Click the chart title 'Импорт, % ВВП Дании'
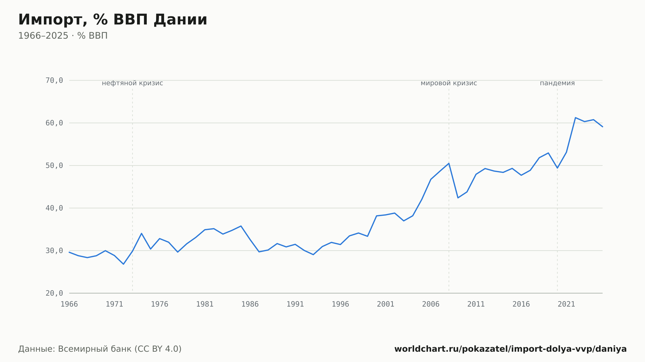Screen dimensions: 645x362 [x=113, y=20]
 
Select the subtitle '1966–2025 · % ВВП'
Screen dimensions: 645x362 [x=63, y=36]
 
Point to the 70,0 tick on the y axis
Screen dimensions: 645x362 [x=54, y=81]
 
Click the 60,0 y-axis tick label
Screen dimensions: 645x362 [x=54, y=123]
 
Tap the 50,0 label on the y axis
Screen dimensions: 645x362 [x=54, y=166]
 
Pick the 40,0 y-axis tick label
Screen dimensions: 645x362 [x=54, y=208]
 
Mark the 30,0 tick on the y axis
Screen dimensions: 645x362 [x=54, y=251]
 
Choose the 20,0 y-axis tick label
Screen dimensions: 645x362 [x=54, y=293]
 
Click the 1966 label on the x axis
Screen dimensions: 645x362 [x=69, y=304]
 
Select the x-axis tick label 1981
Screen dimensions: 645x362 [x=205, y=304]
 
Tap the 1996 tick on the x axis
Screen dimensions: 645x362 [x=341, y=304]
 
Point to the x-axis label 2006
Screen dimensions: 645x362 [x=431, y=304]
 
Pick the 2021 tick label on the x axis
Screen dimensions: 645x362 [x=566, y=304]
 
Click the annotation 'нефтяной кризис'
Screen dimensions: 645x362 [x=133, y=83]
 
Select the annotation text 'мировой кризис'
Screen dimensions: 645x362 [x=449, y=83]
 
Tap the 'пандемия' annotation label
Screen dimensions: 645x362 [x=557, y=83]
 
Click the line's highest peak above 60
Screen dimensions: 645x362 [x=575, y=118]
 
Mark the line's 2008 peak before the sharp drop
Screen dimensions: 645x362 [x=449, y=163]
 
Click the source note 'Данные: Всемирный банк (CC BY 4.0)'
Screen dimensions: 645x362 [x=100, y=349]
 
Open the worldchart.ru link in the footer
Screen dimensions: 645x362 [x=511, y=349]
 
